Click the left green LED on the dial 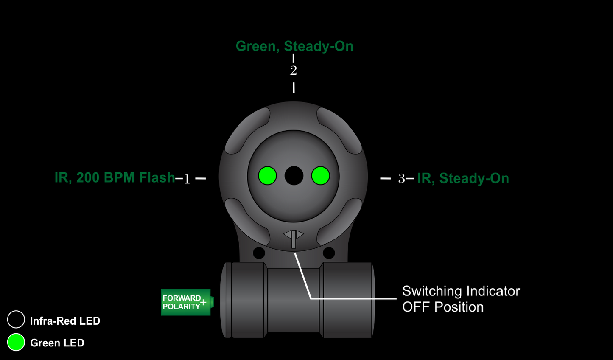[x=267, y=175]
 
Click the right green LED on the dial [x=320, y=175]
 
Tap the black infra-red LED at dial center [x=294, y=175]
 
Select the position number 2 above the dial [x=294, y=70]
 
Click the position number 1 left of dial [x=187, y=179]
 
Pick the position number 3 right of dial [x=401, y=179]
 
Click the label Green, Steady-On [x=294, y=46]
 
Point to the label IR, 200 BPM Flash [x=115, y=177]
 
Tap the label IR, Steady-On [x=463, y=178]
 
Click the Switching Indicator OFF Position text [x=461, y=299]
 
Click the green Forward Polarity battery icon [x=186, y=302]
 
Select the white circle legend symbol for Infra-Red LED [x=16, y=320]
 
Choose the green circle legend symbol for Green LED [x=16, y=342]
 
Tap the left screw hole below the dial [x=259, y=253]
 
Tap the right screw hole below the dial [x=329, y=253]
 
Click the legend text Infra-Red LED [x=65, y=321]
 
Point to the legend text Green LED [x=57, y=343]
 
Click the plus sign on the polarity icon [x=203, y=302]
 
